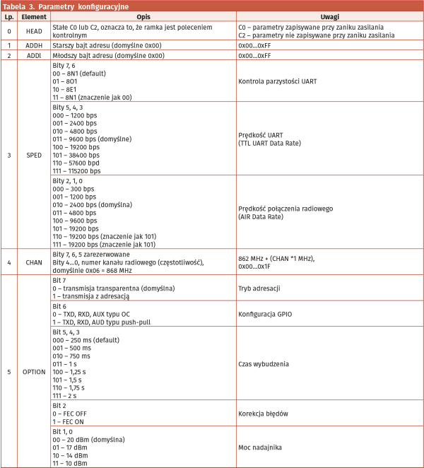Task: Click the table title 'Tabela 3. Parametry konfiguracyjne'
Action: pyautogui.click(x=68, y=6)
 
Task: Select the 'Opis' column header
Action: pyautogui.click(x=142, y=17)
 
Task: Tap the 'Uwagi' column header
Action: pyautogui.click(x=328, y=17)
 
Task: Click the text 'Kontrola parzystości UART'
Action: pyautogui.click(x=278, y=81)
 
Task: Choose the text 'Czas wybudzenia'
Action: pyautogui.click(x=264, y=363)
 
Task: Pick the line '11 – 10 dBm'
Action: pyautogui.click(x=71, y=463)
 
